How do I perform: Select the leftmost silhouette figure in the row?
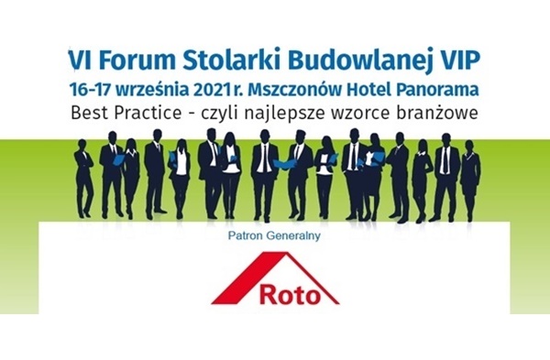point(83,174)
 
